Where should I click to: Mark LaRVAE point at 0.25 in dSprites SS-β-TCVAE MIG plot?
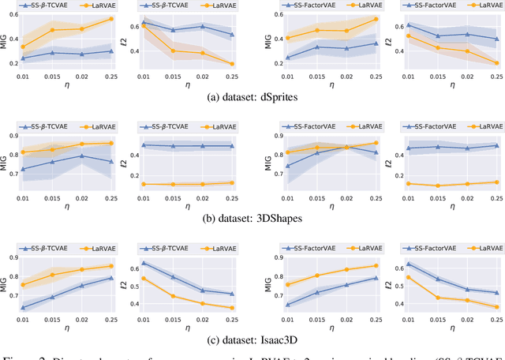pyautogui.click(x=110, y=18)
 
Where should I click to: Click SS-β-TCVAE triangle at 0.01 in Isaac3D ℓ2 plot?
pyautogui.click(x=143, y=263)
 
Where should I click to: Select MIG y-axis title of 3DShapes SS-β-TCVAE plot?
pyautogui.click(x=4, y=163)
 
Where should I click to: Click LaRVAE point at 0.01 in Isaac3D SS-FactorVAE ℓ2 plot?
pyautogui.click(x=408, y=277)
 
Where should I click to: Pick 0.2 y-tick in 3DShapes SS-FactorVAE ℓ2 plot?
pyautogui.click(x=392, y=184)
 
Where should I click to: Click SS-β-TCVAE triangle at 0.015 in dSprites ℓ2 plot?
pyautogui.click(x=173, y=30)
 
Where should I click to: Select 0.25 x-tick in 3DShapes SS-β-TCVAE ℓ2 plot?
pyautogui.click(x=231, y=197)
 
